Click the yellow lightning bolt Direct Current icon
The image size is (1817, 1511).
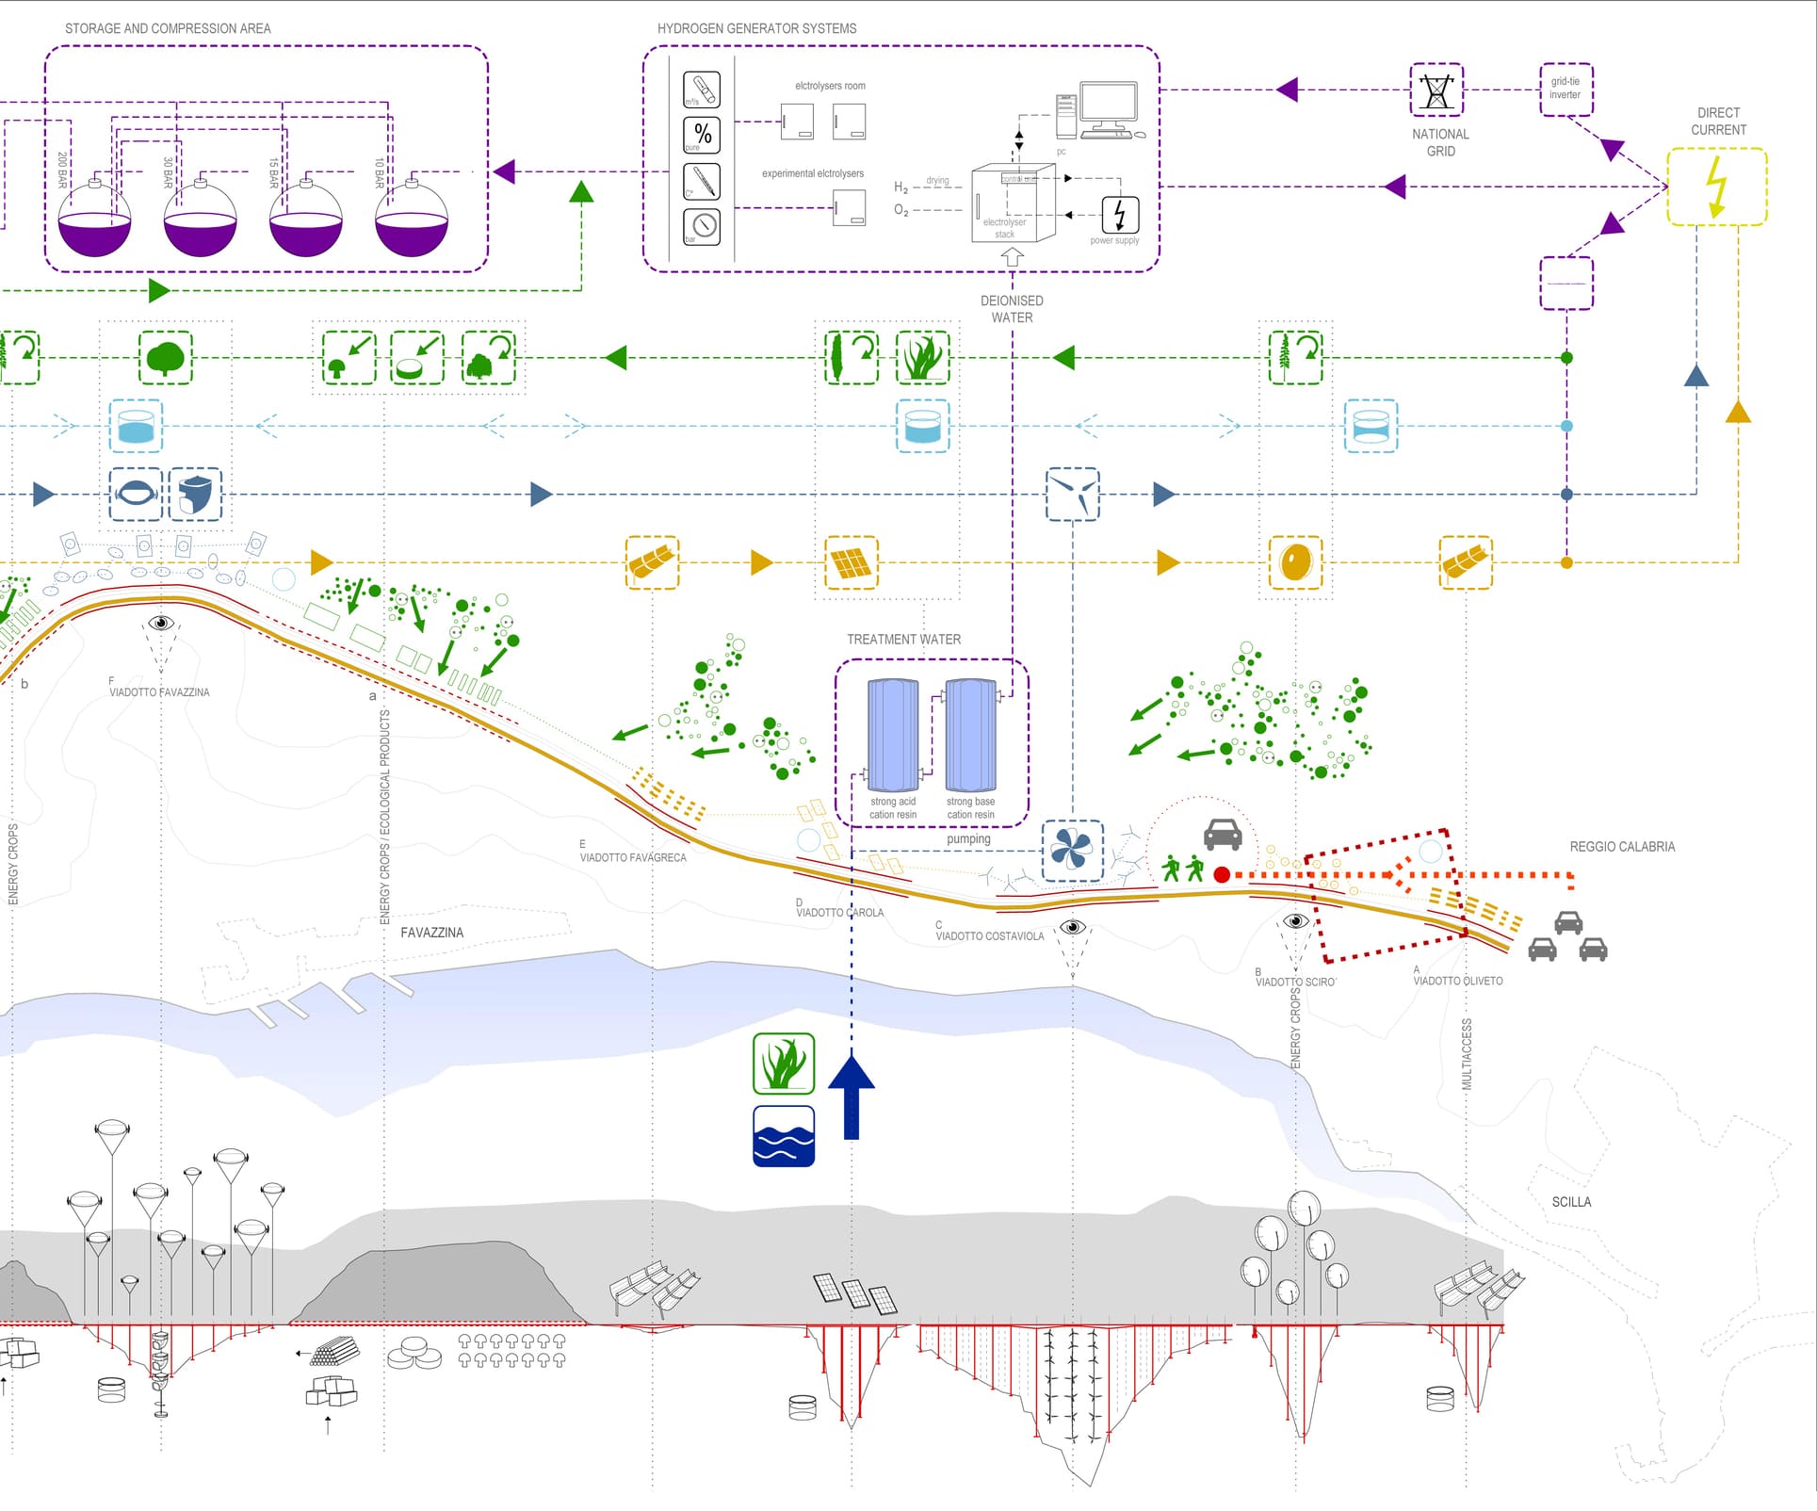point(1716,187)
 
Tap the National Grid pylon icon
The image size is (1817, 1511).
point(1436,90)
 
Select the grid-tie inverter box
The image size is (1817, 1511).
point(1566,89)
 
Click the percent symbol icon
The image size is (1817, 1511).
point(702,134)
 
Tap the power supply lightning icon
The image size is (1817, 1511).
point(1120,214)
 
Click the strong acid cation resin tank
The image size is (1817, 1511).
point(892,736)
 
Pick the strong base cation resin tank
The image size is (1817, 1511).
point(970,736)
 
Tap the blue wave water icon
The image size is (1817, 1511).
point(784,1136)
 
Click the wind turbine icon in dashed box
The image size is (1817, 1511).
point(1073,494)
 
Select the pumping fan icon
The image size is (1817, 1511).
point(1072,851)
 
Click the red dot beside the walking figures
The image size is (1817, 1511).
point(1222,875)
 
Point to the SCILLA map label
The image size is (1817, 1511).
point(1571,1202)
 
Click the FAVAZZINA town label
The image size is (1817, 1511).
point(431,933)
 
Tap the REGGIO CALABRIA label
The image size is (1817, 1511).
point(1622,847)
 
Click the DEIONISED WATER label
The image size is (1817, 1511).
point(1012,309)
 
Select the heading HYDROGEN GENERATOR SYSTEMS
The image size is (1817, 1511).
point(756,28)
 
